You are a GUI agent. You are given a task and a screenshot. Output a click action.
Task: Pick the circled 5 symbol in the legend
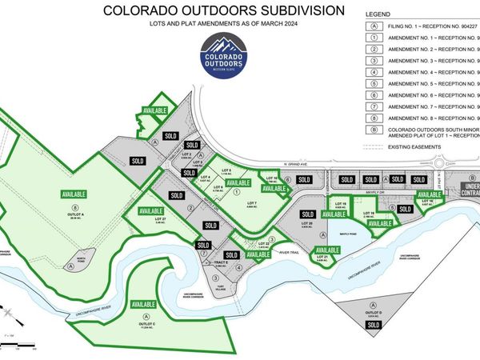[x=374, y=82]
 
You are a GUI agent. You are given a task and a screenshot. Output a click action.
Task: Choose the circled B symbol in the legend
[x=374, y=129]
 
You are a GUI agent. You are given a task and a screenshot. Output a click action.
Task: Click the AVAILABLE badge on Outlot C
[x=143, y=305]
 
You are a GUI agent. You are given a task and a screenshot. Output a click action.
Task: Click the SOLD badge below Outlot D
[x=373, y=323]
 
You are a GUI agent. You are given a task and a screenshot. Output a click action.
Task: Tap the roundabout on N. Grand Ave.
[x=449, y=167]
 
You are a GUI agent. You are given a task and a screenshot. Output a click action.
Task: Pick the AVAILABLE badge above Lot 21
[x=327, y=250]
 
